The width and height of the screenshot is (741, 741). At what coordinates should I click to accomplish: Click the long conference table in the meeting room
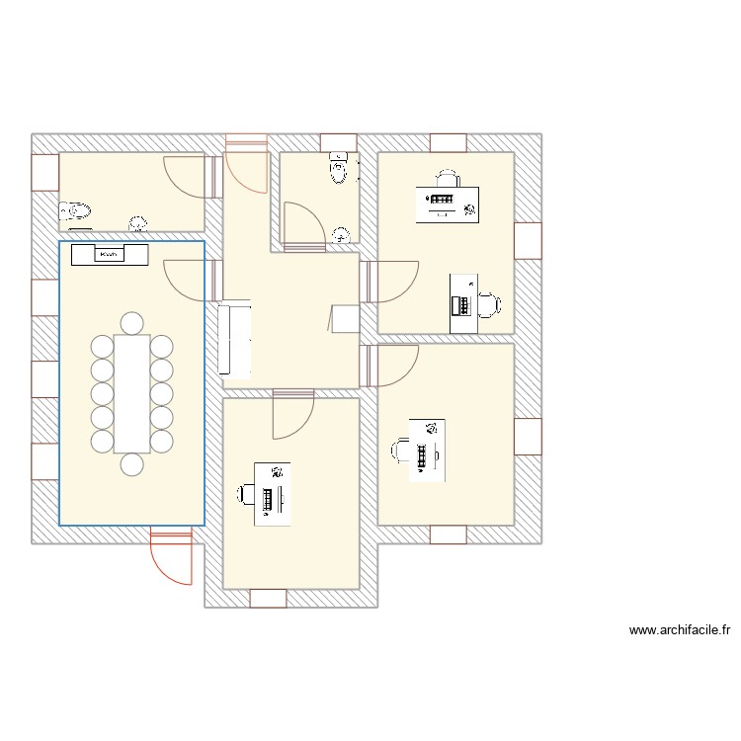pos(131,393)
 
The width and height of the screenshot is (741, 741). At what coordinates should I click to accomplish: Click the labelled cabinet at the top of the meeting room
pos(110,255)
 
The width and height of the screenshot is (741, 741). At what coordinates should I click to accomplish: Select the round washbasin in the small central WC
pos(342,235)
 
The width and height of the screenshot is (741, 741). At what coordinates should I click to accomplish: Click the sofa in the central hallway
pos(235,341)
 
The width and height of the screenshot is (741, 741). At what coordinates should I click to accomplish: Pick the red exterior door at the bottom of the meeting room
pos(169,558)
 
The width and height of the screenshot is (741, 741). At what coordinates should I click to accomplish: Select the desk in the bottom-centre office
pos(273,493)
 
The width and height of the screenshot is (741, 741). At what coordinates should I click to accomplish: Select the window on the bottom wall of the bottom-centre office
pos(268,598)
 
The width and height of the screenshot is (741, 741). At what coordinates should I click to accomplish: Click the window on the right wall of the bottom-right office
pos(528,436)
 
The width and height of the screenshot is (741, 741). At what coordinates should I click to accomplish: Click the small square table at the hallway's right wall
pos(345,319)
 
